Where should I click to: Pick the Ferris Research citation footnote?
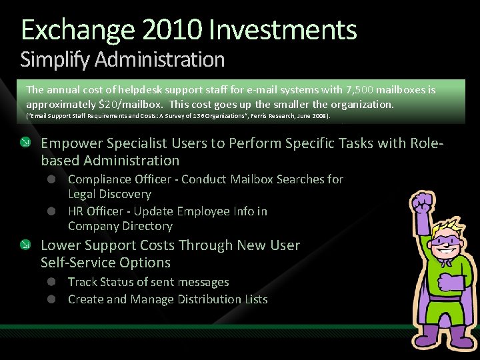177,117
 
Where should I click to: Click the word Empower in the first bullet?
69,143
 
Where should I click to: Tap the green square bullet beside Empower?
25,142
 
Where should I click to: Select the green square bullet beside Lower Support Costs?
25,245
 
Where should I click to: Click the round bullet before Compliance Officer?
51,179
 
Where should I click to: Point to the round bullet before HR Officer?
51,211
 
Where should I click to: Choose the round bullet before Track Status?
51,282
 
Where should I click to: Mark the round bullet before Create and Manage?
51,299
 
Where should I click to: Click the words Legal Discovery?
109,194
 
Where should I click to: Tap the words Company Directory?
120,226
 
